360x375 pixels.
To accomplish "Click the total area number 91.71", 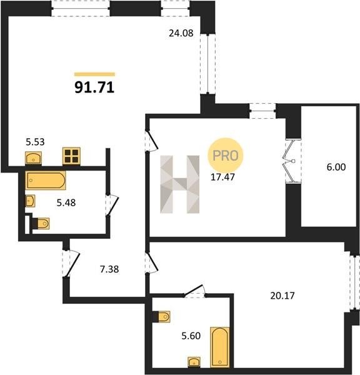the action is click(94, 87).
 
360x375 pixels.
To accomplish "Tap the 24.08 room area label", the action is click(181, 33).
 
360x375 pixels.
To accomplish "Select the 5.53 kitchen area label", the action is click(35, 142).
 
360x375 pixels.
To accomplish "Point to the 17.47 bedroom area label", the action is click(222, 177).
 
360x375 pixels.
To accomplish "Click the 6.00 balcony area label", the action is click(336, 167).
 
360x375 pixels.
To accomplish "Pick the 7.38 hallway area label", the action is click(109, 269).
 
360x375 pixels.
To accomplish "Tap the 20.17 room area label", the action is click(282, 296).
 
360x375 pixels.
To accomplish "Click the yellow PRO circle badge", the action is click(226, 156).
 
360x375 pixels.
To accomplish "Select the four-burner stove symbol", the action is click(71, 156).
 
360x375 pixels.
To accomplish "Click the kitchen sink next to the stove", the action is click(34, 158).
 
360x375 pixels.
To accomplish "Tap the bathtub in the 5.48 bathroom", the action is click(46, 181).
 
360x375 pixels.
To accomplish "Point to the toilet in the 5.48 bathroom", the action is click(41, 224).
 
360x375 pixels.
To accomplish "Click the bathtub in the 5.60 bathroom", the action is click(220, 347).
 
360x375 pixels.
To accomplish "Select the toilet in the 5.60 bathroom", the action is click(161, 317).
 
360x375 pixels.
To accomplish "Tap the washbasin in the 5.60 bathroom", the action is click(194, 362).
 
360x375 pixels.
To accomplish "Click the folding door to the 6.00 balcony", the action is click(292, 161).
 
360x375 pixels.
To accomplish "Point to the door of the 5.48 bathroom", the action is click(112, 206).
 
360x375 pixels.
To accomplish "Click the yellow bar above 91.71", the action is click(95, 74).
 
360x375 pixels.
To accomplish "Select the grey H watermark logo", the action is click(179, 184).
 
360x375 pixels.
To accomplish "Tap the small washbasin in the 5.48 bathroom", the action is click(30, 201).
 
